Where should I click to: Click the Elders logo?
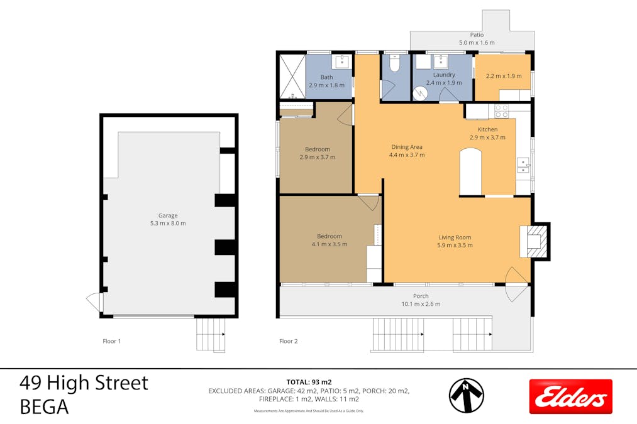pos(570,396)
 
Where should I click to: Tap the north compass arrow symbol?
pos(466,396)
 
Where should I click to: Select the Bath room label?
pos(326,78)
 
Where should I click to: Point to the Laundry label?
pos(443,75)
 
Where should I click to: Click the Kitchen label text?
pos(487,129)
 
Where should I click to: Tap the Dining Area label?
pos(406,147)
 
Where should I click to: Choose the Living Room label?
pos(455,237)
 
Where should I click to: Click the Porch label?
pos(421,296)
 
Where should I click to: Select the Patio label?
pos(477,35)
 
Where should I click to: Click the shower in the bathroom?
pos(291,76)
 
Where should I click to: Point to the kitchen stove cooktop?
pos(501,111)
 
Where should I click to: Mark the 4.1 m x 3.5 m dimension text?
pos(330,244)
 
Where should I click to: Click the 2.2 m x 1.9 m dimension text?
pos(503,77)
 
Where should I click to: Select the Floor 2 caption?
pos(289,342)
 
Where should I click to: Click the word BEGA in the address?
pos(44,406)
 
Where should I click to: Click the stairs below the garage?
pos(211,334)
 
